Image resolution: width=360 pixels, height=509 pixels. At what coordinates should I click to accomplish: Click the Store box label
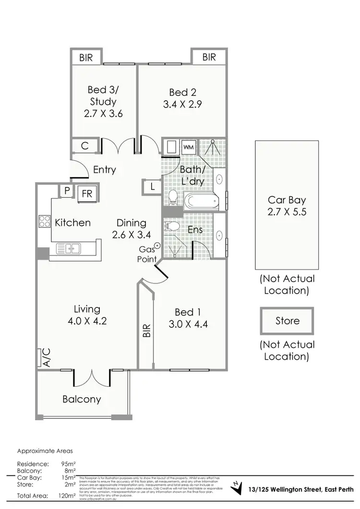point(287,321)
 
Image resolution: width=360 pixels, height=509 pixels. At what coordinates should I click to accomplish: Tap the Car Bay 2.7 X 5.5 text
point(287,206)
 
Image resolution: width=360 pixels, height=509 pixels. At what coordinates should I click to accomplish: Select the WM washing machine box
point(188,147)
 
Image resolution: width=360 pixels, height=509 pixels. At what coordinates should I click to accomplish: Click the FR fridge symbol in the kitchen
point(87,193)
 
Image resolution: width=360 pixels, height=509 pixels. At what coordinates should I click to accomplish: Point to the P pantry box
point(66,191)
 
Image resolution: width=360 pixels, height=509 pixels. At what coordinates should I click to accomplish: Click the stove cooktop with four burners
point(45,222)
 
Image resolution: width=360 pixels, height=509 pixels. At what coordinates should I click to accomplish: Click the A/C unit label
point(47,358)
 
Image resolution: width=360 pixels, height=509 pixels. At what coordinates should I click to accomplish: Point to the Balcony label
point(82,399)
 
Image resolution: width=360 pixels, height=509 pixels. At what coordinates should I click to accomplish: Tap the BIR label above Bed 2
point(209,57)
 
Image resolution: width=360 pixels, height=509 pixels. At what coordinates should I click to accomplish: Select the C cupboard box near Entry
point(84,146)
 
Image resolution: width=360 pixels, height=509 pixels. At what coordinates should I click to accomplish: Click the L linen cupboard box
point(152,187)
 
